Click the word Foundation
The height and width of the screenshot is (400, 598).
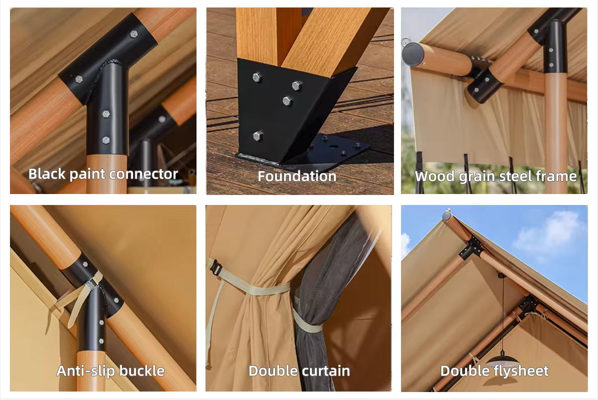point(297,176)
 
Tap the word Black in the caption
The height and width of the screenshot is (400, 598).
point(47,174)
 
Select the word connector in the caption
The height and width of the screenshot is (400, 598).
point(144,174)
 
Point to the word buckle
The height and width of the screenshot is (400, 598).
point(142,371)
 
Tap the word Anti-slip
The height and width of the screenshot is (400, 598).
point(86,371)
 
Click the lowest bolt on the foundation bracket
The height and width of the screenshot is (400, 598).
point(258,136)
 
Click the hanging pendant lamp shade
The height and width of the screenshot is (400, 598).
point(502,361)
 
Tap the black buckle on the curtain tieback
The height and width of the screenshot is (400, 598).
point(215,267)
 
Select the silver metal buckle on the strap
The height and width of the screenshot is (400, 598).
point(92,284)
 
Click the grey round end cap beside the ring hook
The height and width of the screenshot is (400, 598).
point(413,54)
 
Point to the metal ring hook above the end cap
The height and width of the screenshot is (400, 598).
point(405,41)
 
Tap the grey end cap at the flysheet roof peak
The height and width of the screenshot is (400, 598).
point(447,215)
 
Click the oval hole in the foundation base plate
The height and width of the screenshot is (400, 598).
point(333,147)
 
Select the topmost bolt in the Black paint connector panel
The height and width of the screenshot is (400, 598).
point(134,34)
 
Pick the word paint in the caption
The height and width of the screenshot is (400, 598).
point(87,174)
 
